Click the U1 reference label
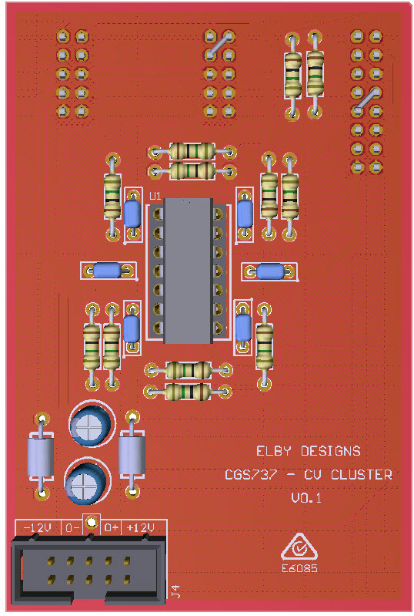click(x=155, y=196)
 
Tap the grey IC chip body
click(x=189, y=271)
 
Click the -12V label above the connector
click(x=38, y=527)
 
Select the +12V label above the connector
click(x=140, y=527)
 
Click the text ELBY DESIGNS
click(x=308, y=451)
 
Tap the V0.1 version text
click(x=306, y=498)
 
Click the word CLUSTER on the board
click(x=361, y=475)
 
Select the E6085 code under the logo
click(x=299, y=568)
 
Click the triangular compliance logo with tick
click(x=299, y=547)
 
